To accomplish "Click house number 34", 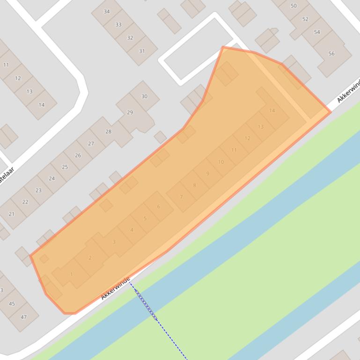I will (107, 12).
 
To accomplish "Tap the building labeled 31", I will (142, 51).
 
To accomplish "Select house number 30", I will (144, 96).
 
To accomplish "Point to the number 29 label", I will (130, 112).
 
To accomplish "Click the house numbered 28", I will (109, 131).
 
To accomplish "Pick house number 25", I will (65, 167).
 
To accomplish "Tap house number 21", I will (11, 214).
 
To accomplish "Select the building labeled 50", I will (294, 6).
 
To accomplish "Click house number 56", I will (331, 54).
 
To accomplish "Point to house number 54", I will (317, 32).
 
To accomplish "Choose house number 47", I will (23, 317).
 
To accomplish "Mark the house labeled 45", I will (12, 303).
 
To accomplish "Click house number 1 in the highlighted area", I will (71, 274).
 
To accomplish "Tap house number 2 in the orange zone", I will (90, 258).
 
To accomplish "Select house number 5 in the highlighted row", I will (145, 218).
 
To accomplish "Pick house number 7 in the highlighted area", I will (181, 197).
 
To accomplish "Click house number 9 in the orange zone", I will (208, 173).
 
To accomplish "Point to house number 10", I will (221, 162).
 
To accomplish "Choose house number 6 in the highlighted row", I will (159, 206).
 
